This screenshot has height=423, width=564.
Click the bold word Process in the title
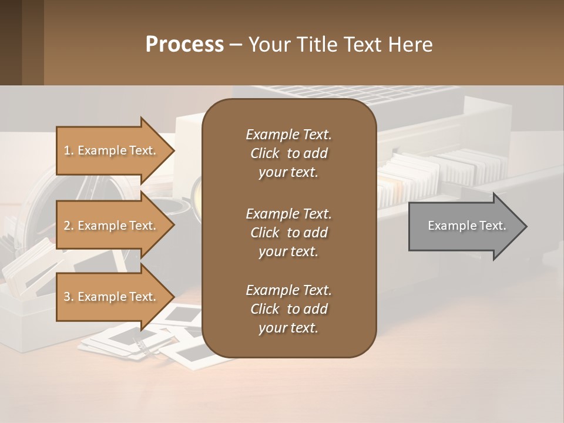click(x=184, y=44)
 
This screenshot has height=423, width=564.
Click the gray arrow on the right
click(x=464, y=226)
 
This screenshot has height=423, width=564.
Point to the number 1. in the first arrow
click(x=69, y=150)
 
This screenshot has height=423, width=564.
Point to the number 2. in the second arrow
click(x=69, y=226)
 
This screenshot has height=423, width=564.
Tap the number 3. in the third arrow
click(x=69, y=297)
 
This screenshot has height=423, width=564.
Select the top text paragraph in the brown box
click(x=288, y=153)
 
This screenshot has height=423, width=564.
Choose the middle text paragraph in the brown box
click(x=288, y=232)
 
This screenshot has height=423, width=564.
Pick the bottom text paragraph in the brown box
click(x=288, y=309)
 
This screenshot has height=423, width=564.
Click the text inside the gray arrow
click(x=466, y=226)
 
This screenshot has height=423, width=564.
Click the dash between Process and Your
click(x=236, y=45)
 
